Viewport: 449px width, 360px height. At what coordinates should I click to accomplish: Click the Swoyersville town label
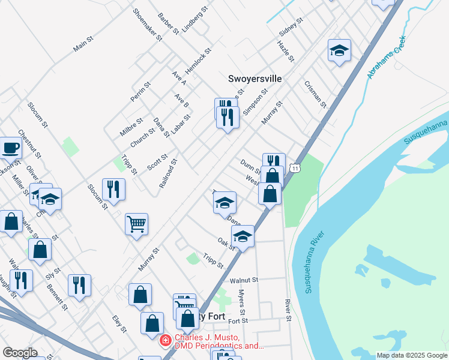255,79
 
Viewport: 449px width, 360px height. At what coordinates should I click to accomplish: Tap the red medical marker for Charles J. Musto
164,341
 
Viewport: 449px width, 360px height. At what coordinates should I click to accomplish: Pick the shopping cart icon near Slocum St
137,224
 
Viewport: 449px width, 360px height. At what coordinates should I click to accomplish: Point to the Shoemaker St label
148,23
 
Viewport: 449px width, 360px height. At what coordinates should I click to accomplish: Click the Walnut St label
244,280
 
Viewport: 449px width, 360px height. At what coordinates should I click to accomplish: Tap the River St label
288,310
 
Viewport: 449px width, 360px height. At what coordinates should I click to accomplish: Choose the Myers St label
242,302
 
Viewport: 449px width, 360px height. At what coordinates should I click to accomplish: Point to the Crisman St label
315,94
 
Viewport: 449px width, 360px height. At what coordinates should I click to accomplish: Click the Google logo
20,352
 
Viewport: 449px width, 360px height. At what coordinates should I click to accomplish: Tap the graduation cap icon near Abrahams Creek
339,51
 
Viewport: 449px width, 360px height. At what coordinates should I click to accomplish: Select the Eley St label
120,324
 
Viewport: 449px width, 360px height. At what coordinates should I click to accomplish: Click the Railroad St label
169,173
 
